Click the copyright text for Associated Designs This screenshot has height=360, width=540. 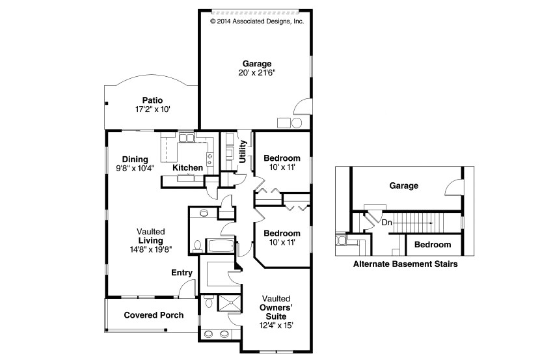[x=257, y=21]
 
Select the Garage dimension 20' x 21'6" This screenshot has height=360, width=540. [x=256, y=73]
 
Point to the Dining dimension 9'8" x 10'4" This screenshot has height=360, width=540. [x=131, y=168]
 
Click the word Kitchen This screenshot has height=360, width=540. [x=187, y=168]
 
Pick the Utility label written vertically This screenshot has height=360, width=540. [x=243, y=151]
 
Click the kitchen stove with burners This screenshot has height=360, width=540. [x=210, y=157]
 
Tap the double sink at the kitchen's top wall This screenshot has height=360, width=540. [x=186, y=137]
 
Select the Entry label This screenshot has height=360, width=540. [x=182, y=272]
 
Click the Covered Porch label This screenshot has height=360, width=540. [x=154, y=315]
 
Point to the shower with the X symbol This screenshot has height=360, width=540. [x=228, y=303]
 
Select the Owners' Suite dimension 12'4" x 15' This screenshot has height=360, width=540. [x=272, y=325]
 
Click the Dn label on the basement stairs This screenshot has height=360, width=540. [x=386, y=222]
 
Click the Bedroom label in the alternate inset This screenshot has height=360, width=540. [x=433, y=245]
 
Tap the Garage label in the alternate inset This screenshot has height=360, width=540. [x=403, y=186]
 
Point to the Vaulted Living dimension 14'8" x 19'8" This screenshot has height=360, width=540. [x=150, y=249]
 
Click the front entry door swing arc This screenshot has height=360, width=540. [x=187, y=287]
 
